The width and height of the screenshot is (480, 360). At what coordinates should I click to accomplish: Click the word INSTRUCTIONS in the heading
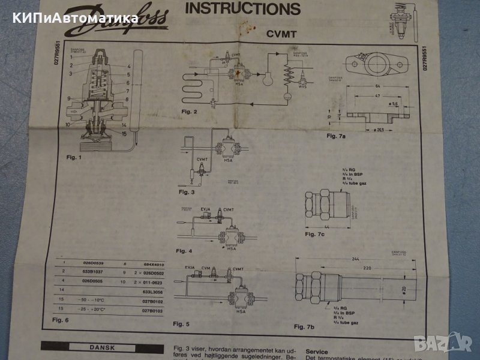coord(242,9)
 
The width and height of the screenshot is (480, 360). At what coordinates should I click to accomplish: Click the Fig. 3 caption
coord(187,193)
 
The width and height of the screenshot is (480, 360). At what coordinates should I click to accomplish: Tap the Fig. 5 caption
coord(181,323)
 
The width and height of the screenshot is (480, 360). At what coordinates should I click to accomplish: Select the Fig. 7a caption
coord(337,136)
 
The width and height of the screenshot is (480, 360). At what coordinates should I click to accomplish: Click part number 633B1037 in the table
coord(92,271)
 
